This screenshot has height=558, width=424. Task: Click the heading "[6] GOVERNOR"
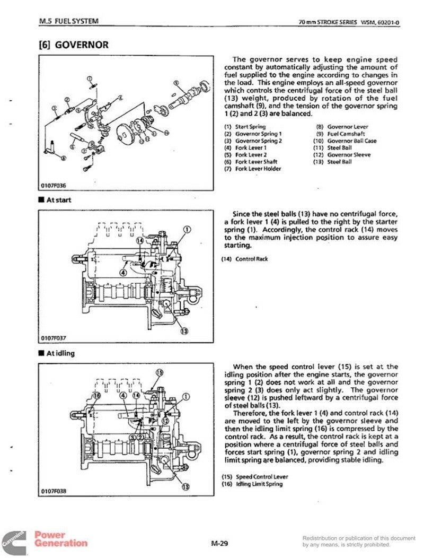(74, 45)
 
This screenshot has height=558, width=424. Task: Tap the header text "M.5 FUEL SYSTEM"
(69, 21)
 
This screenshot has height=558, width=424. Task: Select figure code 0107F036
(54, 186)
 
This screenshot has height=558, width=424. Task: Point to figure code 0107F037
(54, 338)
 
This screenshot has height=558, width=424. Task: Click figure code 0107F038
(54, 491)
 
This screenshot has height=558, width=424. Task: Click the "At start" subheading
(55, 200)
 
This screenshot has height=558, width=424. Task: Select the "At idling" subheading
(57, 353)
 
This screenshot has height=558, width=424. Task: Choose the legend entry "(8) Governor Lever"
(342, 127)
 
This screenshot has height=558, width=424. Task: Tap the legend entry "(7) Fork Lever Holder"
(253, 169)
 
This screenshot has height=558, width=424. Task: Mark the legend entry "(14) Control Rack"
(245, 259)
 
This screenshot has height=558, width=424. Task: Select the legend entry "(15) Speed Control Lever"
(255, 477)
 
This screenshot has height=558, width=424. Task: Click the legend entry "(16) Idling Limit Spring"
(252, 484)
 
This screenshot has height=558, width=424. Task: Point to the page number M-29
(219, 543)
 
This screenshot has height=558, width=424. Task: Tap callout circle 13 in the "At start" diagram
(184, 332)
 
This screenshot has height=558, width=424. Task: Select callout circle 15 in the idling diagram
(160, 372)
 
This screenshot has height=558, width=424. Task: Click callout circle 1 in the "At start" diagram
(187, 229)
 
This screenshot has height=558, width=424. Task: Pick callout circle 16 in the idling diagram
(97, 395)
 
